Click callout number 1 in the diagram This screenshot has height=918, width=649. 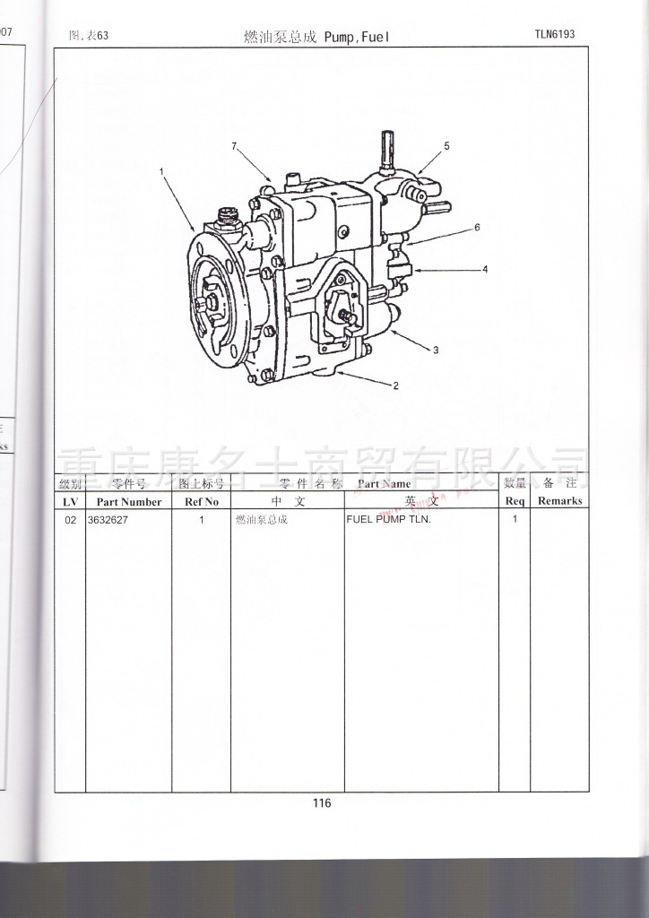click(x=162, y=170)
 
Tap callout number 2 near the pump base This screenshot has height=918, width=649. click(x=395, y=386)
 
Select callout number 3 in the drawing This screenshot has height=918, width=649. click(x=436, y=351)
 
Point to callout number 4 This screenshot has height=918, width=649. click(x=485, y=269)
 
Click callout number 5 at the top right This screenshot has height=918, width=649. click(x=446, y=146)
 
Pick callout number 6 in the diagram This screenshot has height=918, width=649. click(x=478, y=228)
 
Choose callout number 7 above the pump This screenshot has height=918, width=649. click(x=234, y=146)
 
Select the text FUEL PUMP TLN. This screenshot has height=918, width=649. click(x=388, y=520)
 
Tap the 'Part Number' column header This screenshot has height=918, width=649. click(x=128, y=502)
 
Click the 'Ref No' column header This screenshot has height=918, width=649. click(x=201, y=502)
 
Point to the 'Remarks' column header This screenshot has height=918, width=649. click(x=559, y=501)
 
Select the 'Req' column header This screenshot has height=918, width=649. click(x=515, y=502)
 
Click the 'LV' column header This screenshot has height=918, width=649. click(x=70, y=502)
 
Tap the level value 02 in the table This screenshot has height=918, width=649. click(x=70, y=520)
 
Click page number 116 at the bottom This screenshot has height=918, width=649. click(x=322, y=803)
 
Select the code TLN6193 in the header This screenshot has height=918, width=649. click(x=554, y=35)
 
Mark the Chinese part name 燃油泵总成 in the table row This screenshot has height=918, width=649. click(x=261, y=520)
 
